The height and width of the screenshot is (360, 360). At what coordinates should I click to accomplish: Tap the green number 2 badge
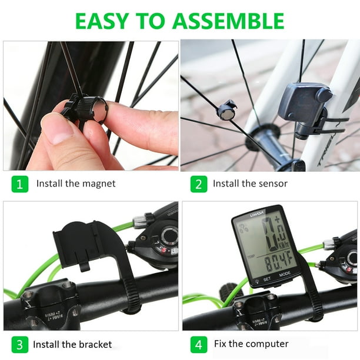199,184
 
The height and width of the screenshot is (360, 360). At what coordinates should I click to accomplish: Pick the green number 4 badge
199,344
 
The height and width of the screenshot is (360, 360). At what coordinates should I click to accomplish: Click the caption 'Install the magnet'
76,184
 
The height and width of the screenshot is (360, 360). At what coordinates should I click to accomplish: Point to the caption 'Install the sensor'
250,184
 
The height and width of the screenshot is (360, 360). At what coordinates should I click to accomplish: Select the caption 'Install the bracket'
72,344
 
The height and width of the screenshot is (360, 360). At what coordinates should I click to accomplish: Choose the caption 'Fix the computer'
251,344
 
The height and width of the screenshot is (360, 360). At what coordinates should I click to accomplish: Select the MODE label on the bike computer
284,274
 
